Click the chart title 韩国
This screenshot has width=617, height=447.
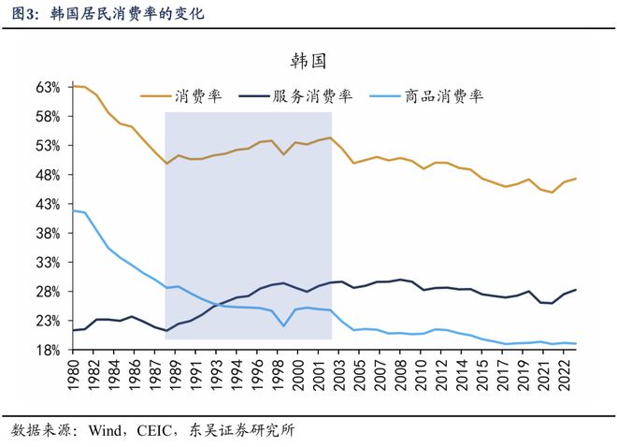pyautogui.click(x=308, y=61)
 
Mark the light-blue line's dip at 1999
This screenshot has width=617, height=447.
pyautogui.click(x=283, y=325)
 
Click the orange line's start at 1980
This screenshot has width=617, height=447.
pyautogui.click(x=73, y=85)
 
